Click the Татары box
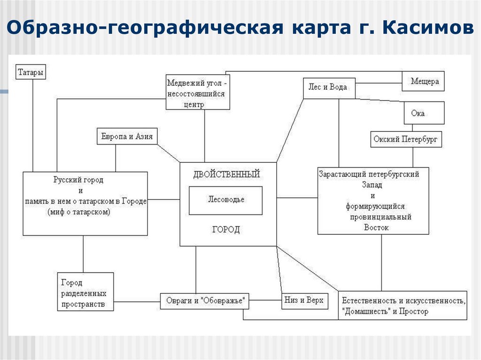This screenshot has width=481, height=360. (31, 72)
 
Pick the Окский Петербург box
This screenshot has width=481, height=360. (406, 139)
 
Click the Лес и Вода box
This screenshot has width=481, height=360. (328, 87)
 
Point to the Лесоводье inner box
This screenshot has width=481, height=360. (226, 199)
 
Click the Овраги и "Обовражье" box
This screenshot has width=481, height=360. (205, 301)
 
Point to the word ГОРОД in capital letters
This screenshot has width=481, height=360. (226, 230)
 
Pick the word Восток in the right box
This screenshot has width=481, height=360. (376, 227)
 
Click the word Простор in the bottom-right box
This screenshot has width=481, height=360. (413, 311)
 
